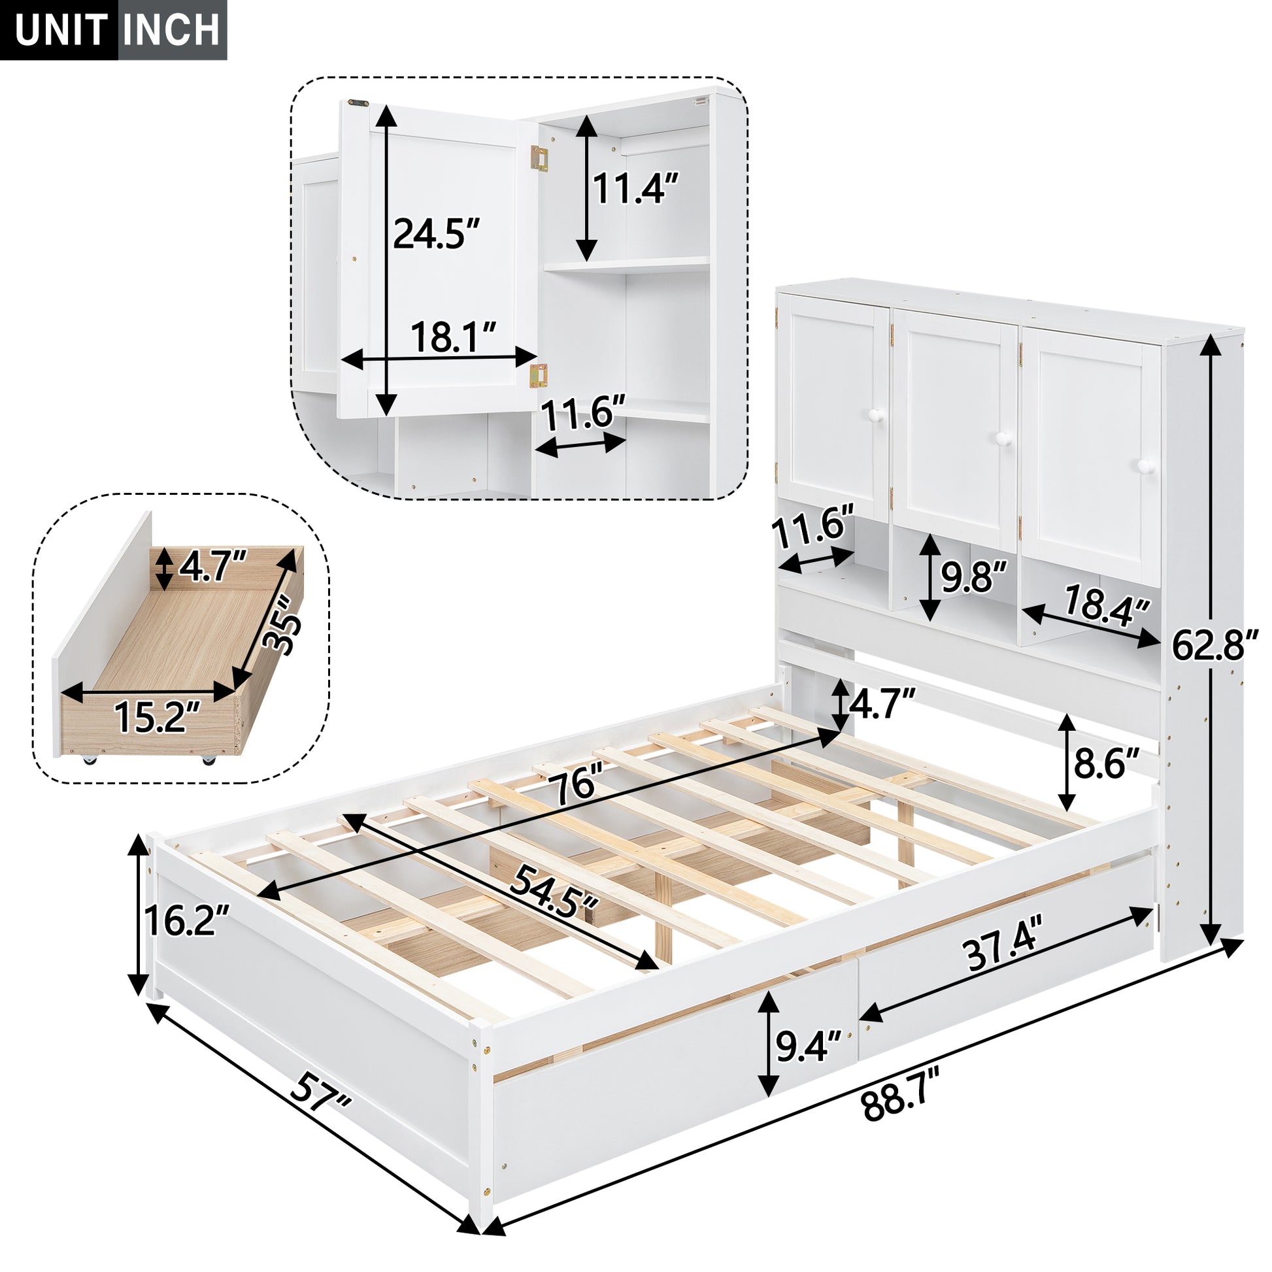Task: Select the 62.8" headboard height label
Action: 1214,644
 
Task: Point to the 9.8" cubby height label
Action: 973,577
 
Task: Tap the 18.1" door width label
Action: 453,337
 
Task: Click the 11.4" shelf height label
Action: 635,188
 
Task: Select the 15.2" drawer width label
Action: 157,716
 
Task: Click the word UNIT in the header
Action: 61,30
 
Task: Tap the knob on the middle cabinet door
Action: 1004,438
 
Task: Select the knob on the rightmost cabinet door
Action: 1146,466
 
